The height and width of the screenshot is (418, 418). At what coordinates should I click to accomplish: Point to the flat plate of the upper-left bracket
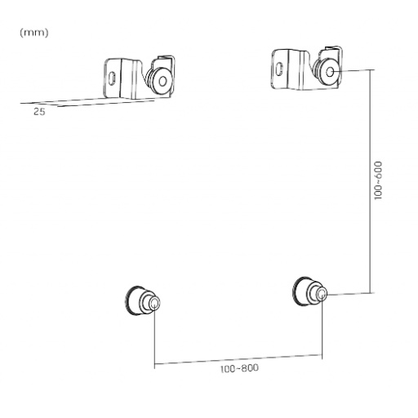[121, 77]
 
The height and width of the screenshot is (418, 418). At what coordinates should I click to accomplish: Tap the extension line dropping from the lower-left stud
[154, 339]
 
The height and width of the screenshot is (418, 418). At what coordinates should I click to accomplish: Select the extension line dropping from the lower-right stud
[323, 331]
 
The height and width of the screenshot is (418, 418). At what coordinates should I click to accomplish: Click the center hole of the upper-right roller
[328, 72]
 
